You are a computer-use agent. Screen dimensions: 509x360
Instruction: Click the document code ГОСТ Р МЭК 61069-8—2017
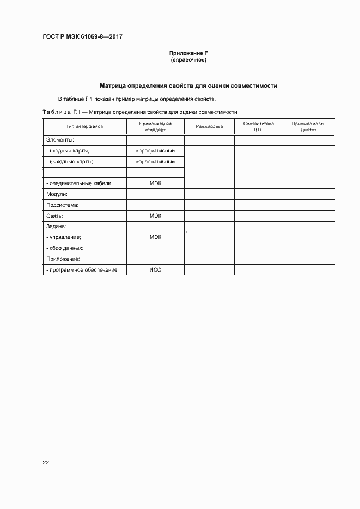click(82, 37)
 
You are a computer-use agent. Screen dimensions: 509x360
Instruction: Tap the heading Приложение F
click(188, 53)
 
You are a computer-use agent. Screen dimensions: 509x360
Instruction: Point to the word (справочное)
click(188, 59)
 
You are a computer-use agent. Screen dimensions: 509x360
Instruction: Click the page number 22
click(46, 463)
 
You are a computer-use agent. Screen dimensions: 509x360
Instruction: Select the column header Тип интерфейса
click(84, 126)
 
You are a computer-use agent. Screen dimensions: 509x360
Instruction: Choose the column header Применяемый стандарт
click(155, 127)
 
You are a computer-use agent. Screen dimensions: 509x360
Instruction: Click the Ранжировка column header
click(209, 126)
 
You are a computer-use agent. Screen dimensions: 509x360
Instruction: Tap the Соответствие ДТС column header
click(258, 127)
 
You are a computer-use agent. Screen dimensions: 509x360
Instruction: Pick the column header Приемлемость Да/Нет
click(308, 127)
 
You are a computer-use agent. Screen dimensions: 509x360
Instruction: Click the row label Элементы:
click(58, 140)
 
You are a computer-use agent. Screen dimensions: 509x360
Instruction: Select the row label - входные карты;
click(68, 151)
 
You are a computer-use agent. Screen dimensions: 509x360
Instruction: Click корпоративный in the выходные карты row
click(155, 162)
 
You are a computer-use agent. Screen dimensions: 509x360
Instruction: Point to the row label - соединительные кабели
click(79, 183)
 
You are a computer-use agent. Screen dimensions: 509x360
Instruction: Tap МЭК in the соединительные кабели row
click(155, 183)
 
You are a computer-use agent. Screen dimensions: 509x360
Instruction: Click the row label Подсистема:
click(63, 205)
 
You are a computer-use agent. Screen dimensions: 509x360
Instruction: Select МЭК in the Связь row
click(155, 216)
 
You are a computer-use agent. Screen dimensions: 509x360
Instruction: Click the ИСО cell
click(155, 270)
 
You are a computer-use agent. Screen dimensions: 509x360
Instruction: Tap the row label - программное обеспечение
click(82, 270)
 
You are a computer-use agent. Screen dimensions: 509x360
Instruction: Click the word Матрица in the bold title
click(113, 85)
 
